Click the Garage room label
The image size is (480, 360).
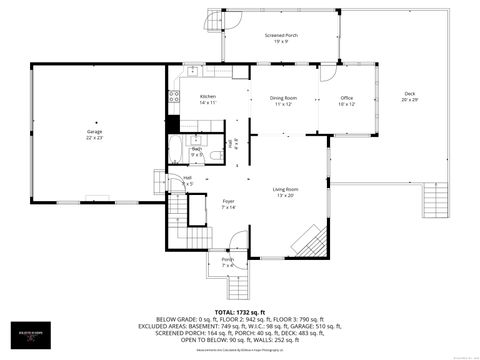94,131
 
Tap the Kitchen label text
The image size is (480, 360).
208,96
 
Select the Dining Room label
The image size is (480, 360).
282,97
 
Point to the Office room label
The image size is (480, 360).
346,97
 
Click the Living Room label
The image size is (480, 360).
286,188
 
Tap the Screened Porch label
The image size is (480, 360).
281,35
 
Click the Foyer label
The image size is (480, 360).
228,201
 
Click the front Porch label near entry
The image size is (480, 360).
227,259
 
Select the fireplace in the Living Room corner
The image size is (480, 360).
308,241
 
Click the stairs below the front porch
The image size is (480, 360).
238,288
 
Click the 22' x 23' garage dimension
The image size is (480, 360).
94,138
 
